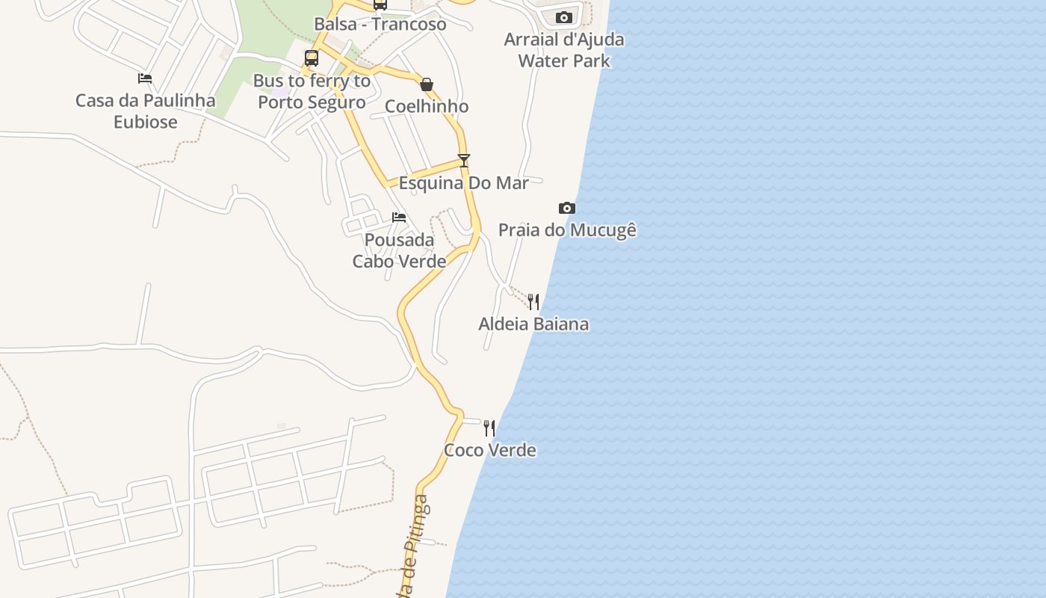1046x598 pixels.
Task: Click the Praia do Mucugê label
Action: click(567, 229)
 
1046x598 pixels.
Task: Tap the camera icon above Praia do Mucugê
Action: click(567, 208)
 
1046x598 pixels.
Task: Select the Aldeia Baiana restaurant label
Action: click(533, 324)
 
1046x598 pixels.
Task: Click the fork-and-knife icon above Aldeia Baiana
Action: click(533, 301)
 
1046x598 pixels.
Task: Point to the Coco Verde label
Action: click(490, 450)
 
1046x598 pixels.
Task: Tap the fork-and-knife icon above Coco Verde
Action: click(489, 428)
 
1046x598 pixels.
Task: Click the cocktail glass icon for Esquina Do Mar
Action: click(464, 160)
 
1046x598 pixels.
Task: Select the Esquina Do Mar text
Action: click(464, 183)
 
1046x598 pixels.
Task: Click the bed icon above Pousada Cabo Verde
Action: click(399, 218)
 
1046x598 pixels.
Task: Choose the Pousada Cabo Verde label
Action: click(400, 250)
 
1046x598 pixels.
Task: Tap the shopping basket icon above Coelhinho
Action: click(427, 84)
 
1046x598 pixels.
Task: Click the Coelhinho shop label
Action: click(427, 106)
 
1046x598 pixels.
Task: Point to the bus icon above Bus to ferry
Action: click(312, 58)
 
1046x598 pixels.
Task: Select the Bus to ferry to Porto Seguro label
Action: click(312, 91)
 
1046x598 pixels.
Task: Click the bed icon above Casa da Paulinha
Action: click(145, 78)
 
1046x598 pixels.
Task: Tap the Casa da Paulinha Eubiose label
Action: click(146, 111)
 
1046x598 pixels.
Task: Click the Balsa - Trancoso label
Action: click(380, 24)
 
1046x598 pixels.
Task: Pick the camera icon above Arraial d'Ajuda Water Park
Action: click(564, 17)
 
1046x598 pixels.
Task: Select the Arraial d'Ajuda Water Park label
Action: click(564, 50)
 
